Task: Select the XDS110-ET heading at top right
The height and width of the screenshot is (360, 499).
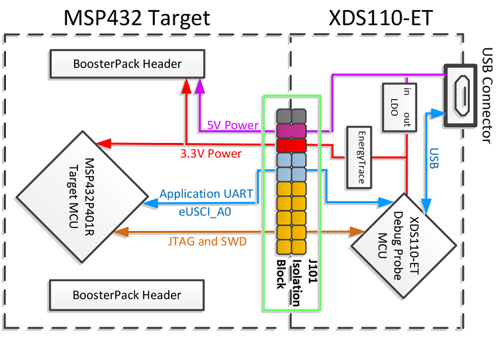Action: [x=381, y=18]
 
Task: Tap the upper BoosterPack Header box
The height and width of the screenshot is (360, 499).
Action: [x=116, y=64]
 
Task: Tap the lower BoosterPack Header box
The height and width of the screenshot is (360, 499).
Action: [x=116, y=294]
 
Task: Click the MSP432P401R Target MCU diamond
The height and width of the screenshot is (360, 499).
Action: [x=82, y=191]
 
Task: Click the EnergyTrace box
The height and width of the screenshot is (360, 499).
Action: [x=361, y=157]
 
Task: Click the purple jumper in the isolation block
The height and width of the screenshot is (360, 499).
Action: [x=292, y=128]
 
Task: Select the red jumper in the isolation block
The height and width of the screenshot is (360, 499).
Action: [x=292, y=144]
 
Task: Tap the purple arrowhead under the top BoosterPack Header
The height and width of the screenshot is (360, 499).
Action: [x=200, y=85]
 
